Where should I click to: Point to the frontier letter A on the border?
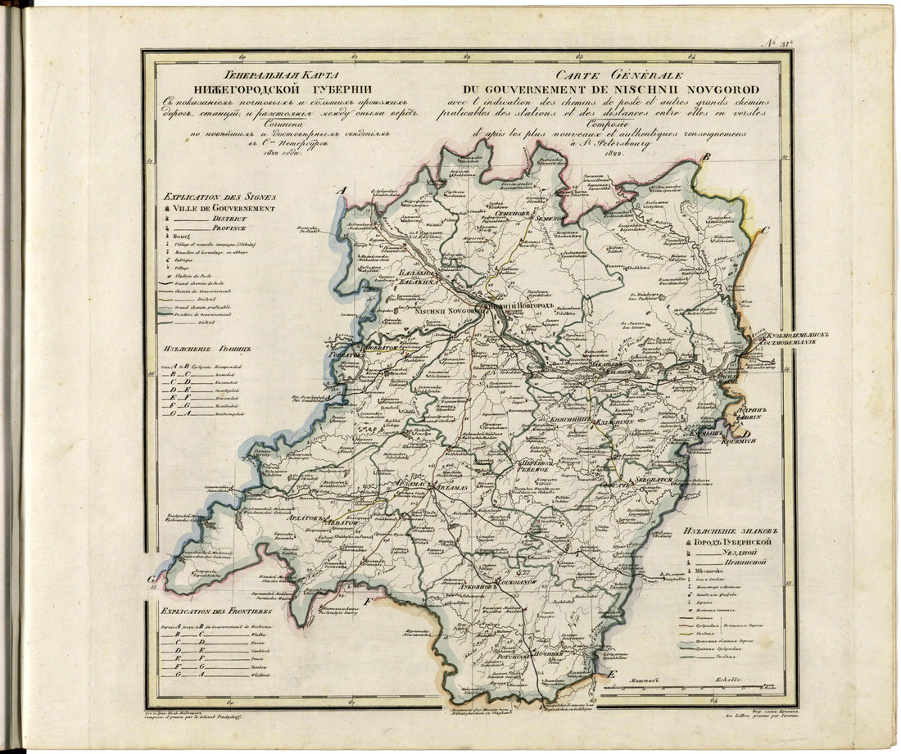[x=343, y=191]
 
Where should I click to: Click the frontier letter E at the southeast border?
[x=610, y=674]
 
